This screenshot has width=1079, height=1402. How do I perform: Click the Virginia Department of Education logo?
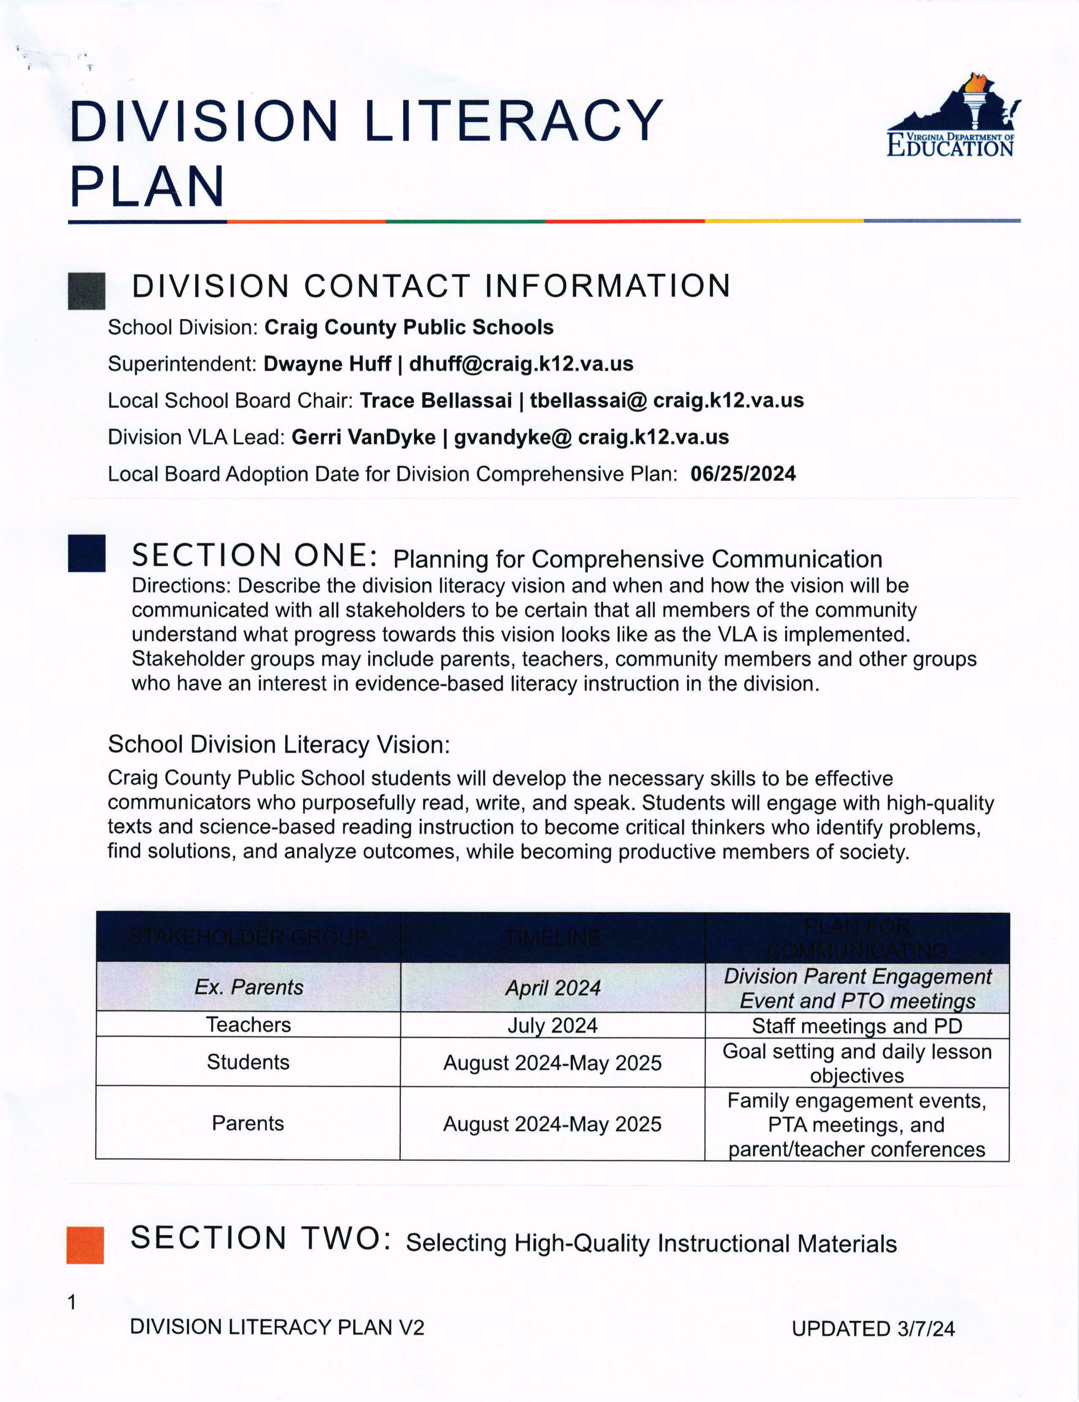tap(952, 117)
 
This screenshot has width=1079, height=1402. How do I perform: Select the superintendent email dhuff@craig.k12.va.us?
tap(521, 364)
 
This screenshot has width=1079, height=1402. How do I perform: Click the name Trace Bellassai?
tap(436, 401)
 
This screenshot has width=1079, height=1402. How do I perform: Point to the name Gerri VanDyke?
tap(363, 437)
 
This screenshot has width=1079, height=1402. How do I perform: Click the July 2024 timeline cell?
tap(552, 1025)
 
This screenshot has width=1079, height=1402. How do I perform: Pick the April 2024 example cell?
tap(552, 987)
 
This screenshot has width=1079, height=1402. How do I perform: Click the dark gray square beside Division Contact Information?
tap(87, 291)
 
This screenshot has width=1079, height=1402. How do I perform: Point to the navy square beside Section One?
tap(87, 553)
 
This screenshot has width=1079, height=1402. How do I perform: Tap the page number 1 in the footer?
tap(72, 1302)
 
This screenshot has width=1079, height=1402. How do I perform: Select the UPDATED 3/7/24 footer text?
tap(873, 1328)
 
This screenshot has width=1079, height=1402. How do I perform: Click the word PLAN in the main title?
tap(148, 186)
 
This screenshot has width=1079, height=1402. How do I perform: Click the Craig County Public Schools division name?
tap(409, 327)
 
